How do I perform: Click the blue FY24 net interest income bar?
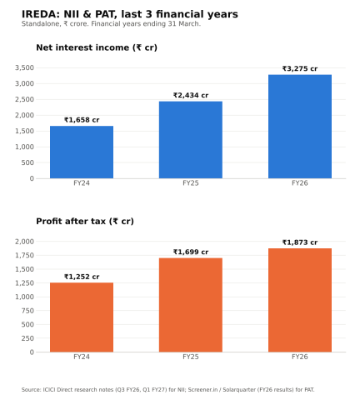(x=82, y=152)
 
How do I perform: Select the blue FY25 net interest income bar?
(x=191, y=140)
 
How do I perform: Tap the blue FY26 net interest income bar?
(x=300, y=127)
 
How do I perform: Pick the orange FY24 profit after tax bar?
(x=82, y=317)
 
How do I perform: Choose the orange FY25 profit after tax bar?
(x=191, y=305)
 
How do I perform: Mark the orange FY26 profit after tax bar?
(x=300, y=300)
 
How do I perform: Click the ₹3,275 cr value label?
(x=300, y=68)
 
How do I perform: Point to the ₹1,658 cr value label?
(x=82, y=120)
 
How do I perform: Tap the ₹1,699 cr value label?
(x=191, y=252)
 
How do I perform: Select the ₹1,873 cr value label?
(x=300, y=242)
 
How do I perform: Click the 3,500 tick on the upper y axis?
(x=24, y=68)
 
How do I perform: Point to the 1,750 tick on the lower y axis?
(x=24, y=256)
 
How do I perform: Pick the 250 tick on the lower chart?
(x=27, y=338)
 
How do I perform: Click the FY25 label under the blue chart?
(x=191, y=183)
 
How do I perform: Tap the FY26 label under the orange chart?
(x=300, y=357)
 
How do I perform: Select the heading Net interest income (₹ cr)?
(x=97, y=47)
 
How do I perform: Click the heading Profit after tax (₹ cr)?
(x=85, y=222)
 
